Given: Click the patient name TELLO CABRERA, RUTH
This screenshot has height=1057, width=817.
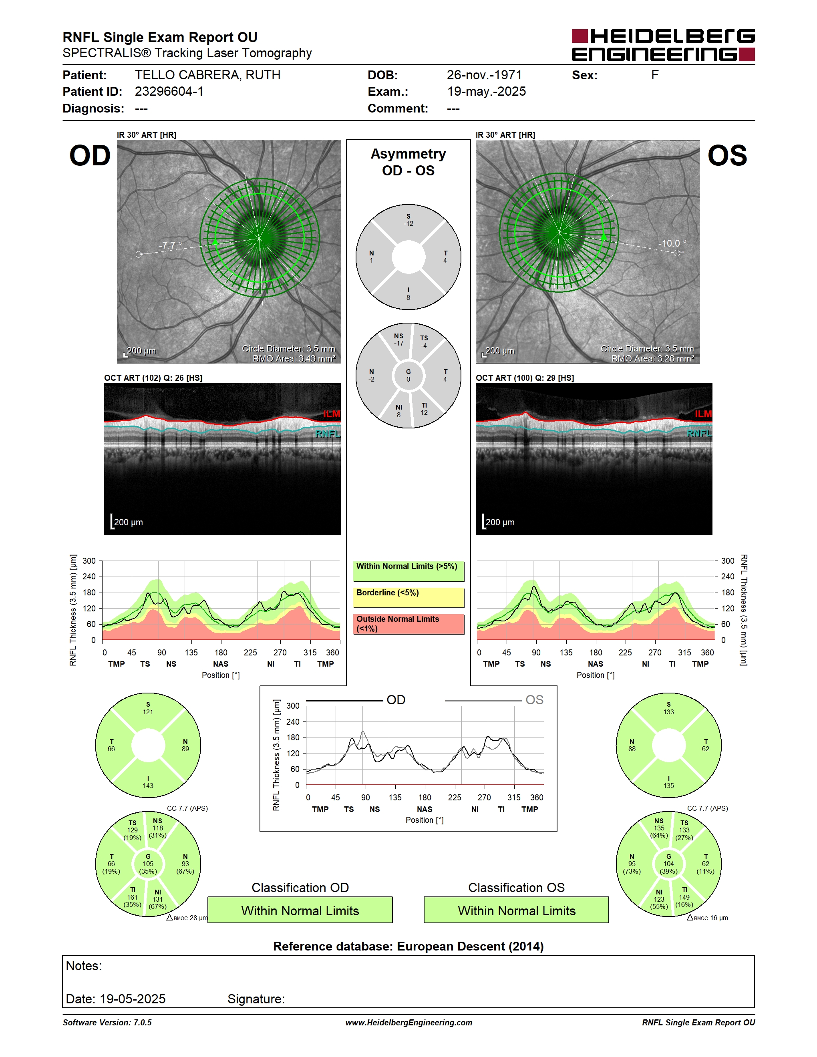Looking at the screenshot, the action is [207, 75].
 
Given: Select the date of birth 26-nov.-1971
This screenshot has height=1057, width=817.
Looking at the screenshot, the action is [484, 75].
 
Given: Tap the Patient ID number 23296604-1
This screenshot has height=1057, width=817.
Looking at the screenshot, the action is [169, 91].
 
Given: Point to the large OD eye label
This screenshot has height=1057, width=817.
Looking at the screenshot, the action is [90, 156].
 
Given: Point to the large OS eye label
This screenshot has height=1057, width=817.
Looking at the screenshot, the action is [727, 156].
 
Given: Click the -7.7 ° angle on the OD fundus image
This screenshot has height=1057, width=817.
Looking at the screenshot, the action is [170, 245].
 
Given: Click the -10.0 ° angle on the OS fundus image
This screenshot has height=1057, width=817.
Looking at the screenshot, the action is [672, 243].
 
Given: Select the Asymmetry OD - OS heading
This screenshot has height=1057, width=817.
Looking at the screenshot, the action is [408, 162].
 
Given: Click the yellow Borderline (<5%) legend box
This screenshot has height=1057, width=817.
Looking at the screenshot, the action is [408, 598].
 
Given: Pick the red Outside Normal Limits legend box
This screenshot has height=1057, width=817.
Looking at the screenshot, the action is [408, 624].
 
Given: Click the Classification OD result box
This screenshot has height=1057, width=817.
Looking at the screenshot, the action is [300, 910].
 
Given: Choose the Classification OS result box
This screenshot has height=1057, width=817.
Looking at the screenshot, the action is [517, 910].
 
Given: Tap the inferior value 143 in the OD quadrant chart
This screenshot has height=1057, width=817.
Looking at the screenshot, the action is [148, 786].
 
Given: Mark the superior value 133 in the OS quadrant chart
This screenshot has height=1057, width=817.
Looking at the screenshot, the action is [668, 712].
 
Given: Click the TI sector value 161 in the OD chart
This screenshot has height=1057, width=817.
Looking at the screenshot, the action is [133, 897].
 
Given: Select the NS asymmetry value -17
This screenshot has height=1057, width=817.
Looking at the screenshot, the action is [398, 343].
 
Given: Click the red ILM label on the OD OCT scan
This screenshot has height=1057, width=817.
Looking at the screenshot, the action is [332, 414].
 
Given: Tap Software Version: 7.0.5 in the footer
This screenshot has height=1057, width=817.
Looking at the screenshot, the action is [107, 1023].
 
